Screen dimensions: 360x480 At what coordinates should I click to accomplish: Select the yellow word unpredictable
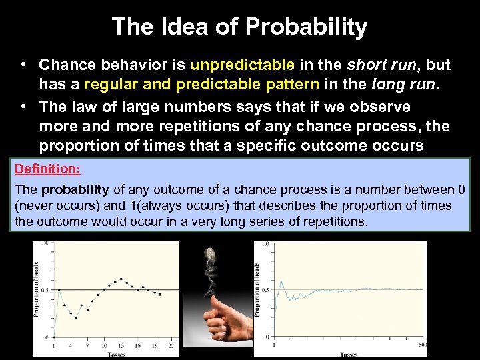pos(242,65)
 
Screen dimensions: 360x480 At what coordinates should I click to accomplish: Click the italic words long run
pos(409,85)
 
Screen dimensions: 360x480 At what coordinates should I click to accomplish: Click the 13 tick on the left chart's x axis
pos(121,346)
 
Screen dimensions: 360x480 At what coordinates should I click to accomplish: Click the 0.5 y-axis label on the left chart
pos(45,289)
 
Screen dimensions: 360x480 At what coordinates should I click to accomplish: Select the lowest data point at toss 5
pos(75,318)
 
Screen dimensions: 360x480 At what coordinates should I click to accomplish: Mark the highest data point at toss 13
pos(121,279)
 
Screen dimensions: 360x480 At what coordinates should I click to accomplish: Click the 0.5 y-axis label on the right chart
pos(265,289)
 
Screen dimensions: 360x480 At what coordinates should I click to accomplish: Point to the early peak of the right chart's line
pos(279,283)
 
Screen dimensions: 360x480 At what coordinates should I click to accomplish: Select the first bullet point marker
pos(23,65)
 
